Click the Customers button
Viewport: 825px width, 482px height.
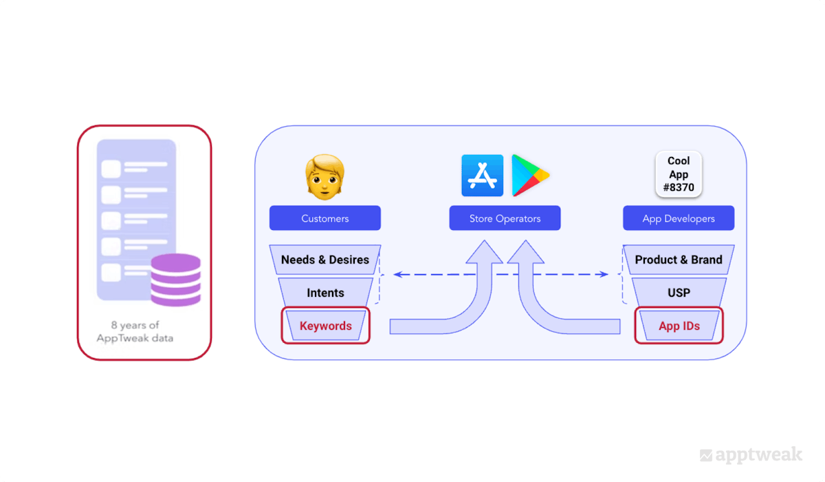click(324, 218)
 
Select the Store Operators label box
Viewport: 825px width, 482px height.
click(505, 218)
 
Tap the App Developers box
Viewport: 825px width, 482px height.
click(679, 218)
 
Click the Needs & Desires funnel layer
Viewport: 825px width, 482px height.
click(324, 260)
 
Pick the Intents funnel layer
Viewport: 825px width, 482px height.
click(325, 293)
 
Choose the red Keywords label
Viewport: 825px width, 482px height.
click(325, 326)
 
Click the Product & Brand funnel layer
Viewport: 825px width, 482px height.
click(679, 260)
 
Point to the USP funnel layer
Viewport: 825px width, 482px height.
click(679, 293)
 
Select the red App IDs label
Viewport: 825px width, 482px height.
click(679, 326)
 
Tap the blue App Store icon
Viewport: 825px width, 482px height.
click(483, 176)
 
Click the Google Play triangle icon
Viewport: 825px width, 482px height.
click(529, 176)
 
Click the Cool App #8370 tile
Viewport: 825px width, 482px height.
click(679, 174)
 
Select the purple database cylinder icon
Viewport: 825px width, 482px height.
click(175, 280)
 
